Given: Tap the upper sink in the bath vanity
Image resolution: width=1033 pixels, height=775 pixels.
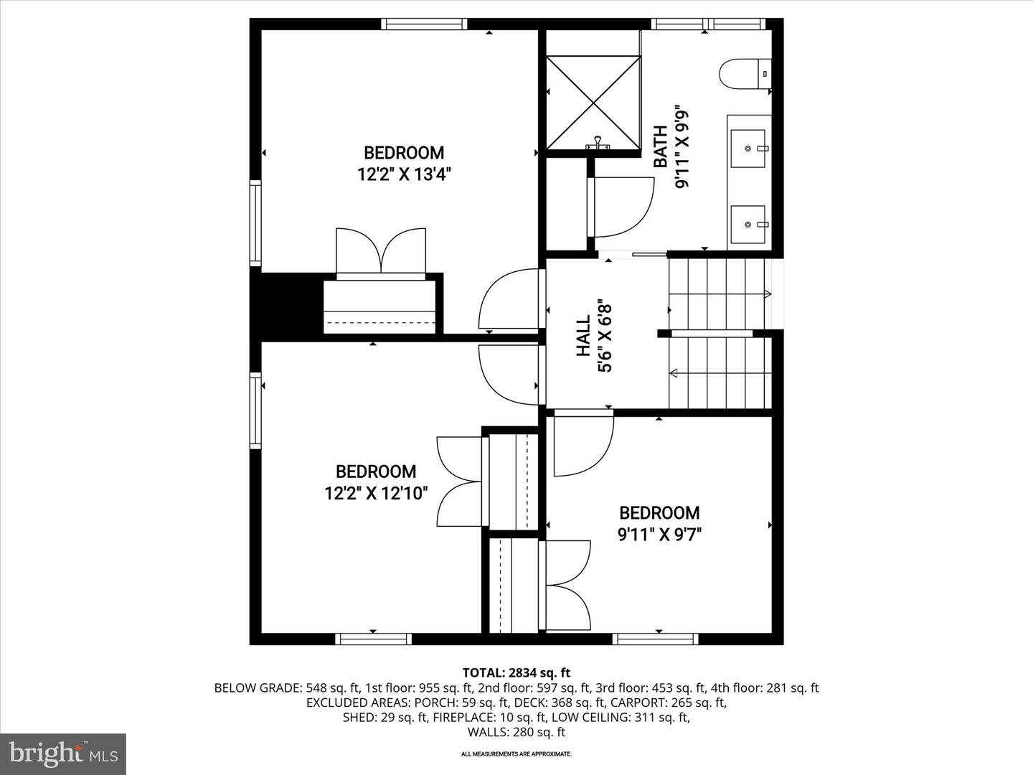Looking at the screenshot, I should point(748,148).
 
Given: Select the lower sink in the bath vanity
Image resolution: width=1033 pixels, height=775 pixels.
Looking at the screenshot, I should point(748,224).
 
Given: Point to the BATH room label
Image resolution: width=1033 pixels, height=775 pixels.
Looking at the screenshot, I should point(661,146).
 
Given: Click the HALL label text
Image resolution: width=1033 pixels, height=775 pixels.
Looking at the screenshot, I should point(583,335).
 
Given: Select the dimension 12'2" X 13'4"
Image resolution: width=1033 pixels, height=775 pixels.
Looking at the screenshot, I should point(404,174).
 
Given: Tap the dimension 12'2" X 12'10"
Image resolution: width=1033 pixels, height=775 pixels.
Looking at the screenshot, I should point(376,493).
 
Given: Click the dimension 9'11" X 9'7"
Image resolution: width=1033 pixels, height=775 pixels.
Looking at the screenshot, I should point(659,534).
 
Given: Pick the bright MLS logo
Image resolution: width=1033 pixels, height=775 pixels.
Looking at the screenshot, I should point(63,753).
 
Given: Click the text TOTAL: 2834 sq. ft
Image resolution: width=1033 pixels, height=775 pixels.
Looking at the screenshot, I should point(516,672).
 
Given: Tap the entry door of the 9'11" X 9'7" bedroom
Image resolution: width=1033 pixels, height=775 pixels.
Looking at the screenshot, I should point(583,445).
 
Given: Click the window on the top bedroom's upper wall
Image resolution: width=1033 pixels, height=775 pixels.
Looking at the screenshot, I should point(424,24).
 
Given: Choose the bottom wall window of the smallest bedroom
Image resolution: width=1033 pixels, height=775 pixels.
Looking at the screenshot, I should point(656,639).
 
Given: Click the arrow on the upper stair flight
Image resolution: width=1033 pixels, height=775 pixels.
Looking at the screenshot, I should point(767,293).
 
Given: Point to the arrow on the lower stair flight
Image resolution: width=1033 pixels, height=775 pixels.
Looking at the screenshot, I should point(674,372).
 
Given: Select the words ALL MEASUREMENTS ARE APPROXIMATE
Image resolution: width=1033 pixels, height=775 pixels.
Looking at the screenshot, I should point(516,754).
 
